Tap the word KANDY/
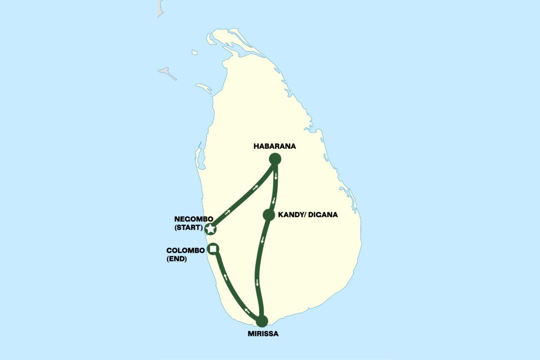(x=292, y=215)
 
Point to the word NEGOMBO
(x=192, y=219)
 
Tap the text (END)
(x=177, y=259)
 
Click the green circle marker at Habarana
(x=275, y=159)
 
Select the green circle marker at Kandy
(x=269, y=215)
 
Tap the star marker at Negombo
(x=211, y=229)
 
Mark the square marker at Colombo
(x=213, y=249)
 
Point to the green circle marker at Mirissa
(x=262, y=320)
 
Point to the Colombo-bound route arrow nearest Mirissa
(x=246, y=311)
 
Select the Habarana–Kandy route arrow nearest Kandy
(x=273, y=200)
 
